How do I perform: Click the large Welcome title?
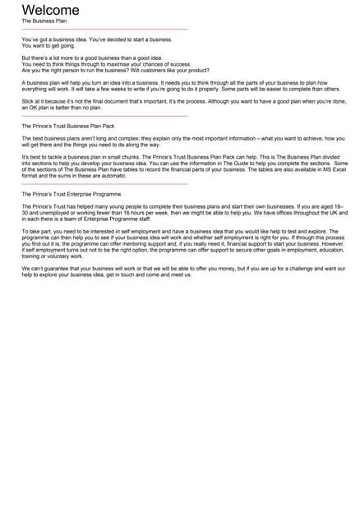pyautogui.click(x=50, y=10)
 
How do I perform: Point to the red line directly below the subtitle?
pyautogui.click(x=104, y=30)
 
